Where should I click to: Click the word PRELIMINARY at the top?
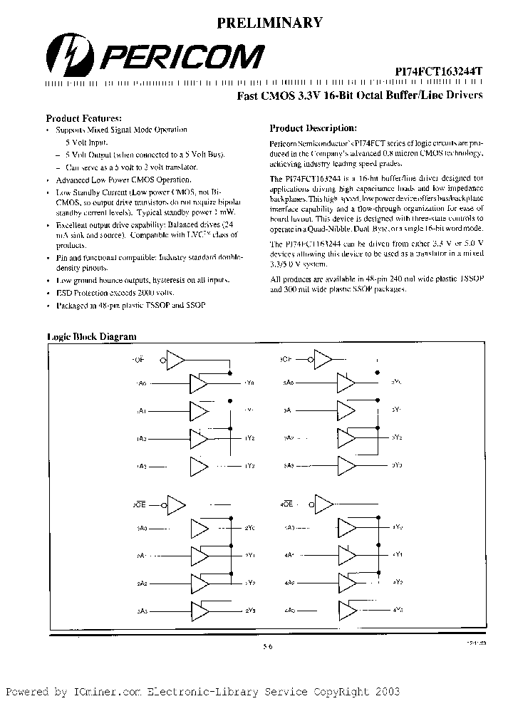269,23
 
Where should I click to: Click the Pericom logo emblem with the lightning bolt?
67,58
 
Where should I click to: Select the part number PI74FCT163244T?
439,73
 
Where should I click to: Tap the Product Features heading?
83,118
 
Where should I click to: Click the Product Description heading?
312,128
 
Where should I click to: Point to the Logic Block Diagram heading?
91,336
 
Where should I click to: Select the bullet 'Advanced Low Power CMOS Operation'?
113,180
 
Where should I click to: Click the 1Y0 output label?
249,383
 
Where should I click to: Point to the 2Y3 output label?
250,610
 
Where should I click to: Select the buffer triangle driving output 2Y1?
199,555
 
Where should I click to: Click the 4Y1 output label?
398,554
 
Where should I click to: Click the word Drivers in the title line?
462,95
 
